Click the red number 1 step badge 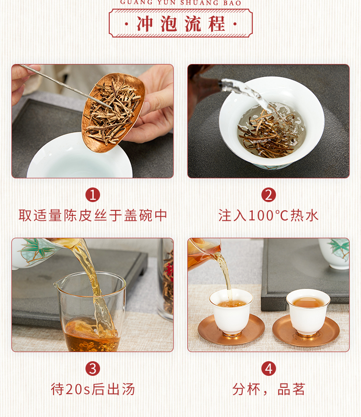pyautogui.click(x=92, y=195)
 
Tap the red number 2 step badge pyautogui.click(x=269, y=195)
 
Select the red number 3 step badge pyautogui.click(x=92, y=369)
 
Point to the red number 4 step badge pyautogui.click(x=269, y=369)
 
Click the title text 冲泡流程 pyautogui.click(x=181, y=24)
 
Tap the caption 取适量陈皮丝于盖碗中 pyautogui.click(x=92, y=215)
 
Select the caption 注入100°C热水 pyautogui.click(x=269, y=215)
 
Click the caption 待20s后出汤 pyautogui.click(x=93, y=390)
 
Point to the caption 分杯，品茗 pyautogui.click(x=269, y=390)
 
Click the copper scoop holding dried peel pyautogui.click(x=113, y=112)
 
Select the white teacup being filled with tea pyautogui.click(x=231, y=312)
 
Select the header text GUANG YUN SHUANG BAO pyautogui.click(x=181, y=3)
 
